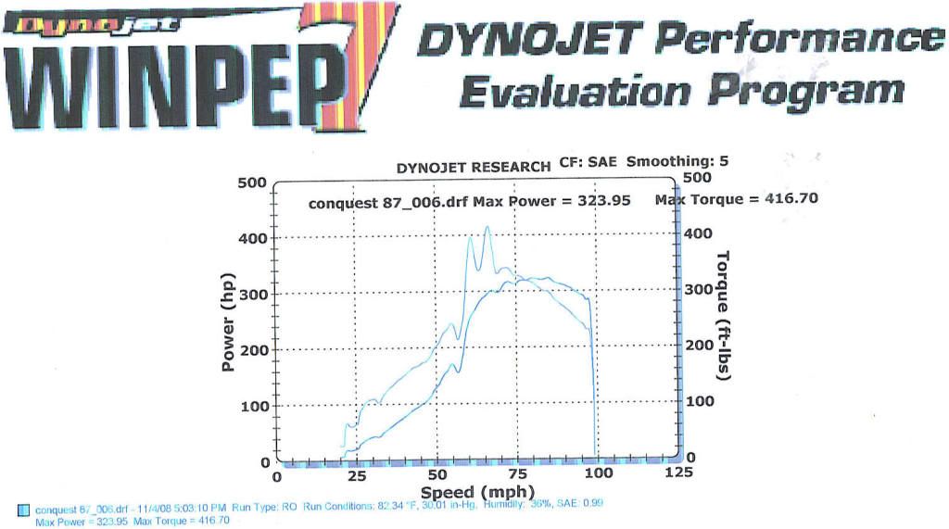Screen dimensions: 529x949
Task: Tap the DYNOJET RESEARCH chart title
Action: point(474,169)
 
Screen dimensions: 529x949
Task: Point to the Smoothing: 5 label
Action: point(677,161)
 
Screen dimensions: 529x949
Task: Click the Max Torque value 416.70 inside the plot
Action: point(787,199)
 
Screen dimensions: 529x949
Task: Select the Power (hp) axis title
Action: point(229,321)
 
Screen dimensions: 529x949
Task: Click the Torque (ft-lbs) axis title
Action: point(724,317)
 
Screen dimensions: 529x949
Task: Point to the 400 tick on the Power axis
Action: point(251,238)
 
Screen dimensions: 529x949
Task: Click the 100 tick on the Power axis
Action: point(251,406)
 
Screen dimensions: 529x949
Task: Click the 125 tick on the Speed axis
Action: point(679,473)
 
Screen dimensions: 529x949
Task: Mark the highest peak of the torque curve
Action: point(487,227)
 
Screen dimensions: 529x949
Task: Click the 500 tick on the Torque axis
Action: point(697,178)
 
